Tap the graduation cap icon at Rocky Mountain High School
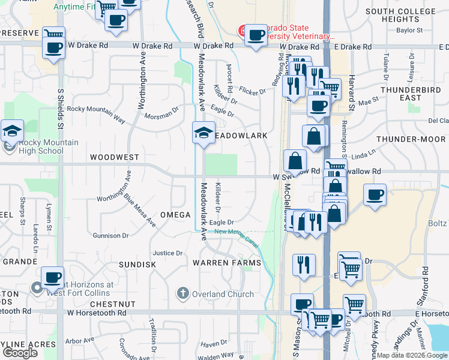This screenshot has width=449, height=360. pos(11,130)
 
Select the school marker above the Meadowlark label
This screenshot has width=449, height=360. pos(203,132)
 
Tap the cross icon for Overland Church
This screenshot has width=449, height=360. pos(183,293)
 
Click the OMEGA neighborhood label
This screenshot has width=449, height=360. pos(175,215)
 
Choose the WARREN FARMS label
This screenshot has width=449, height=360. pos(226,263)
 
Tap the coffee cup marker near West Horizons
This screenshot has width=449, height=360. pos(53,277)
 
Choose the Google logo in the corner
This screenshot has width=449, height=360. pos(20,352)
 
